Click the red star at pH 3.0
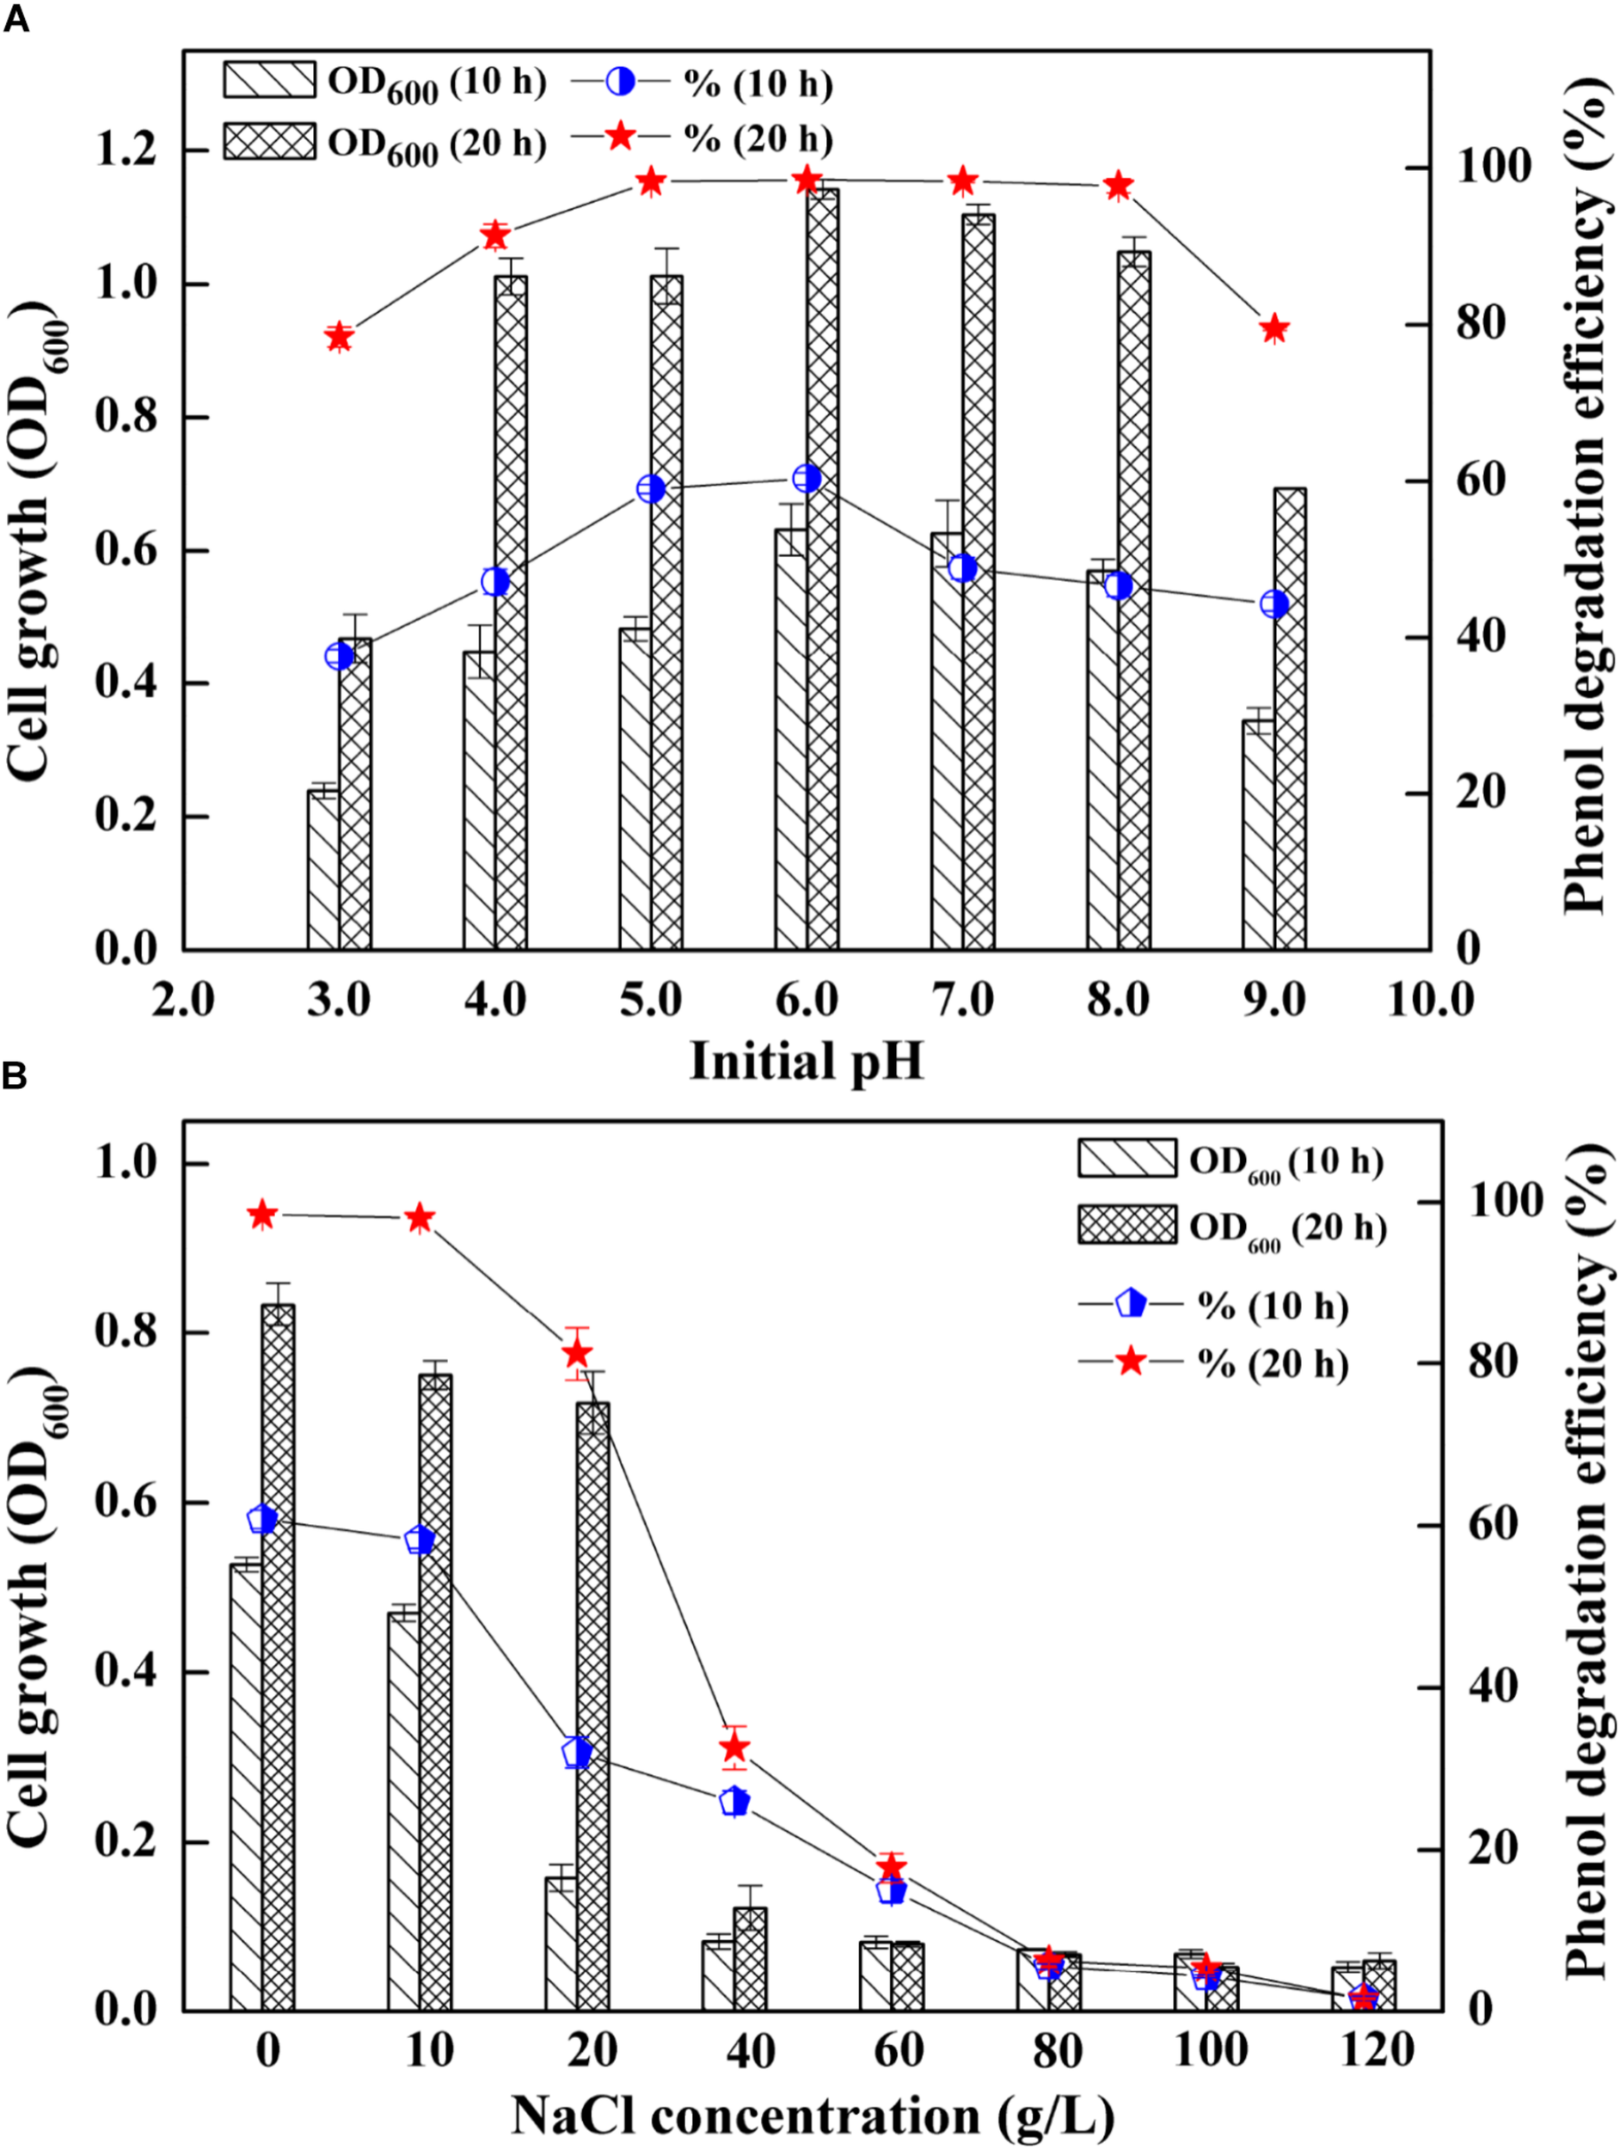point(339,337)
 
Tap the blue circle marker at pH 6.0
point(807,479)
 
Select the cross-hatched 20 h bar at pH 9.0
point(1290,719)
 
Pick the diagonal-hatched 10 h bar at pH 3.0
point(323,870)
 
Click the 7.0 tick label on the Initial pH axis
point(962,999)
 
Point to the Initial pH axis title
point(806,1061)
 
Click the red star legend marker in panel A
point(620,137)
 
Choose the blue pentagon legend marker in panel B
point(1130,1304)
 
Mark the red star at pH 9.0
point(1274,329)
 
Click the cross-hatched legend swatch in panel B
point(1126,1225)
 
